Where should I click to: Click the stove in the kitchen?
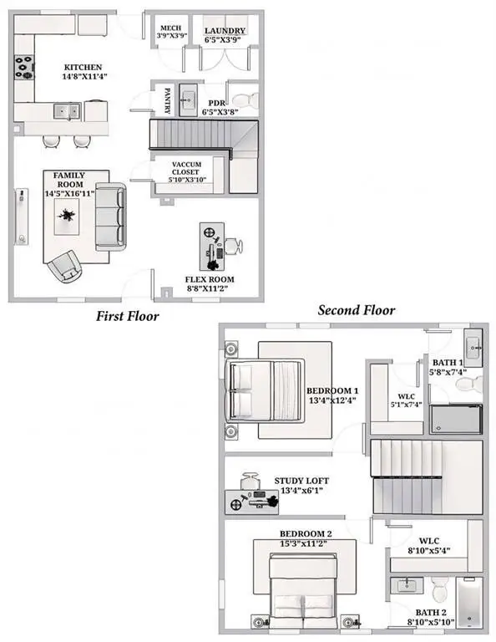pyautogui.click(x=24, y=67)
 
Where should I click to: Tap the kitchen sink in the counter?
pyautogui.click(x=67, y=111)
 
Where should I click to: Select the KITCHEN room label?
pyautogui.click(x=84, y=67)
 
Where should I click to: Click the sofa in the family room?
pyautogui.click(x=110, y=217)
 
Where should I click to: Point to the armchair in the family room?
pyautogui.click(x=64, y=266)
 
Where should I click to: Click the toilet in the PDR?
pyautogui.click(x=245, y=100)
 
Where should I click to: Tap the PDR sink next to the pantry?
pyautogui.click(x=188, y=100)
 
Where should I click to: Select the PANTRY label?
pyautogui.click(x=167, y=100)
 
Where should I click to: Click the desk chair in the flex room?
pyautogui.click(x=234, y=246)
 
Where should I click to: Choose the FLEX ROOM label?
pyautogui.click(x=210, y=280)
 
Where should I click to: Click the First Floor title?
pyautogui.click(x=127, y=316)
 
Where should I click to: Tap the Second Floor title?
pyautogui.click(x=357, y=310)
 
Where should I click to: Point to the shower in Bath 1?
pyautogui.click(x=456, y=419)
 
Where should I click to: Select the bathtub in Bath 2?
pyautogui.click(x=470, y=602)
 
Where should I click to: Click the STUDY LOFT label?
pyautogui.click(x=301, y=481)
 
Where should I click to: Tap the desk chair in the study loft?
pyautogui.click(x=250, y=481)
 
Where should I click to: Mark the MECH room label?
pyautogui.click(x=171, y=28)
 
